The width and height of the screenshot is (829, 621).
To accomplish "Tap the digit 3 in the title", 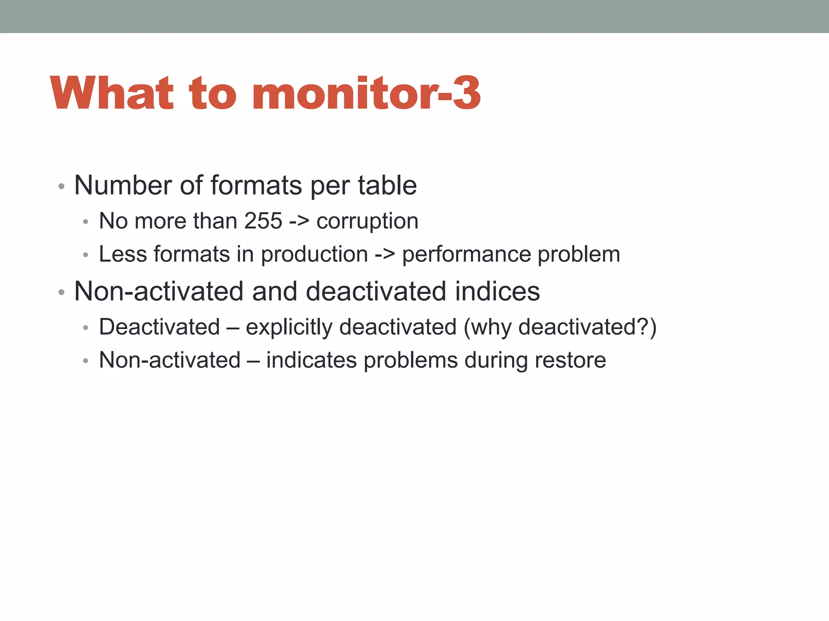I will (x=466, y=93).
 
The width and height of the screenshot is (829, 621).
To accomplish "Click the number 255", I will (x=263, y=221).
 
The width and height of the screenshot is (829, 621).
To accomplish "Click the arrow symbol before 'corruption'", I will (x=299, y=222).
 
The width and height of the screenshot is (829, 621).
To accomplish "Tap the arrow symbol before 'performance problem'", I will (x=385, y=255).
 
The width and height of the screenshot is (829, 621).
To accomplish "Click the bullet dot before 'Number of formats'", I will (x=61, y=186).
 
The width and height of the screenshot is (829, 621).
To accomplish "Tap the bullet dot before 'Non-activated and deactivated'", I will (x=61, y=292).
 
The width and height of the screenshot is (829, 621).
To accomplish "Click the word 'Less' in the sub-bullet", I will (x=122, y=254).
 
